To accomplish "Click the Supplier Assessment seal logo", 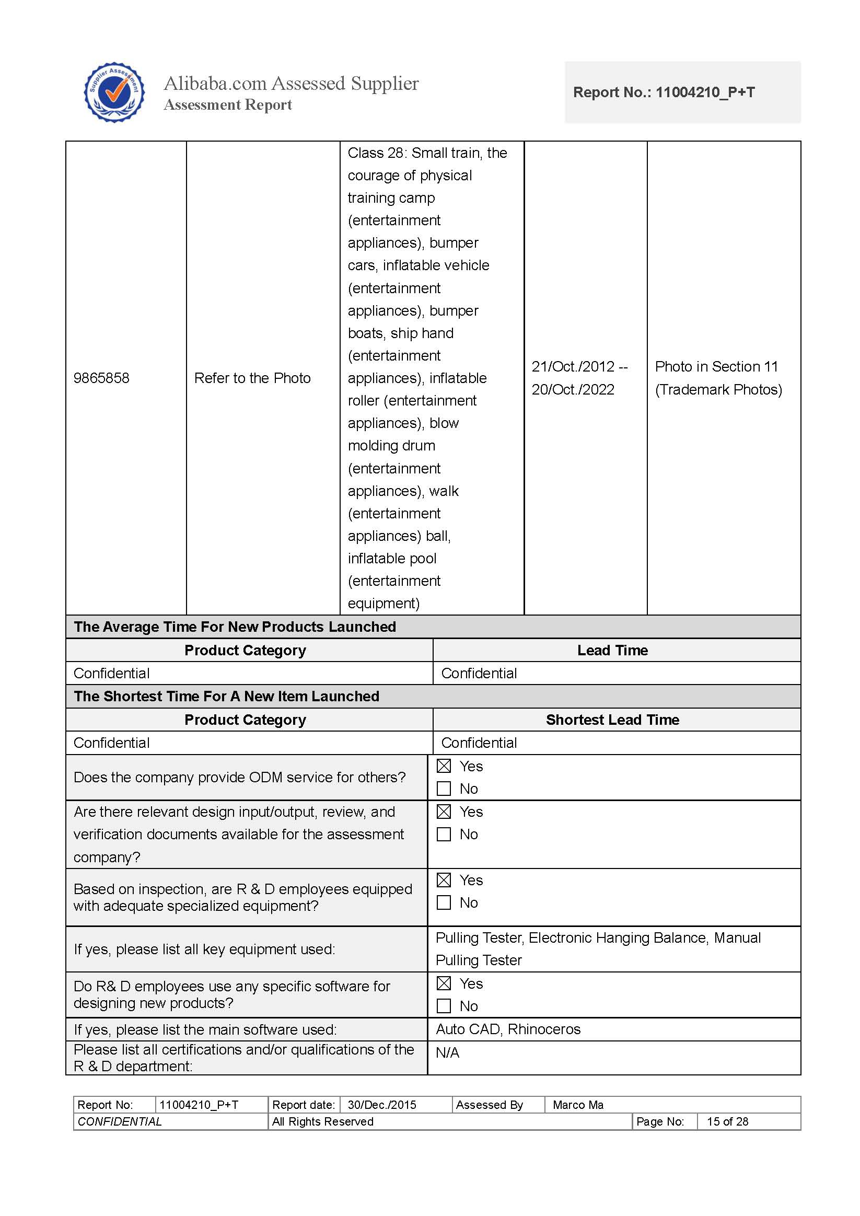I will (x=114, y=92).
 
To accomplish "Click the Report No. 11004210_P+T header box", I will (x=682, y=92).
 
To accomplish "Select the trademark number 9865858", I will (x=101, y=378).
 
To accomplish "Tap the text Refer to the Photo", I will (x=252, y=378).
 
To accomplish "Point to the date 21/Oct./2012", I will (x=573, y=366).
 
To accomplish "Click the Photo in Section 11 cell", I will (x=717, y=378).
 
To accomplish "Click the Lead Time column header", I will (x=612, y=651).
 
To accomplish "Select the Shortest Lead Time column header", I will (x=612, y=720).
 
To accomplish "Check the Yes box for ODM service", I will (x=444, y=767).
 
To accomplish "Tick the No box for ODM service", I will (x=444, y=789).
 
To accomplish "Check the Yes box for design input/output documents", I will (x=444, y=812).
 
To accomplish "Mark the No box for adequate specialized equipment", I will (x=444, y=902).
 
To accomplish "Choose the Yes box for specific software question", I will (x=444, y=983).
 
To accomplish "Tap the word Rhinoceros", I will (x=544, y=1029).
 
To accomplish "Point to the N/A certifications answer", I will (x=447, y=1052).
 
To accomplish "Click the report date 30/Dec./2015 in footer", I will (x=382, y=1105).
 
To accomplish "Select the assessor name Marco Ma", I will (x=578, y=1105).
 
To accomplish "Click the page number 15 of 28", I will (x=727, y=1121).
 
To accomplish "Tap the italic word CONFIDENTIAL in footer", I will (x=120, y=1121).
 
